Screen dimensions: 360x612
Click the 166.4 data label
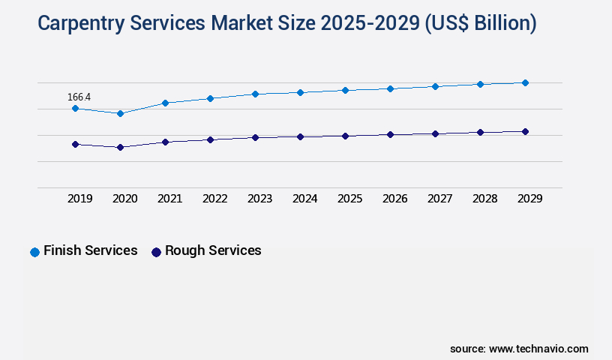coord(79,97)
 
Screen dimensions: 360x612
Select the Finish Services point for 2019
coord(75,108)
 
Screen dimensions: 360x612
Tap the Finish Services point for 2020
coord(120,113)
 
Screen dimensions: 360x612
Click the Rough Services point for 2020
coord(120,147)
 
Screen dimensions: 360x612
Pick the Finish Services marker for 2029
coord(525,82)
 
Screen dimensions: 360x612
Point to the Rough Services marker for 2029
coord(525,131)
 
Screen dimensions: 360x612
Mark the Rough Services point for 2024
coord(300,136)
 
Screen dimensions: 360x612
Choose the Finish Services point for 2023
coord(255,94)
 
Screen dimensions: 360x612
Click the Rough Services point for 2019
coord(75,144)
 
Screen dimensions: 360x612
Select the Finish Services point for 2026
coord(390,88)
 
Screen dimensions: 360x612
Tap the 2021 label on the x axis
coord(169,199)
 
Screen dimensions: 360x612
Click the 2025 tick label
coord(349,199)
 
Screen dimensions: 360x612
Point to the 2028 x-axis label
coord(484,199)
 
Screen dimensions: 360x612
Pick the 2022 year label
coord(214,199)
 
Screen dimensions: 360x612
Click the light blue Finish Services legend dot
coord(34,252)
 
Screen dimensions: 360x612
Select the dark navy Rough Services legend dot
coord(156,252)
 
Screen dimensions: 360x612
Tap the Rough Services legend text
coord(213,250)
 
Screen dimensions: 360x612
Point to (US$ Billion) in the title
coord(480,24)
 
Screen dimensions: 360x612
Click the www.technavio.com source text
coord(538,349)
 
